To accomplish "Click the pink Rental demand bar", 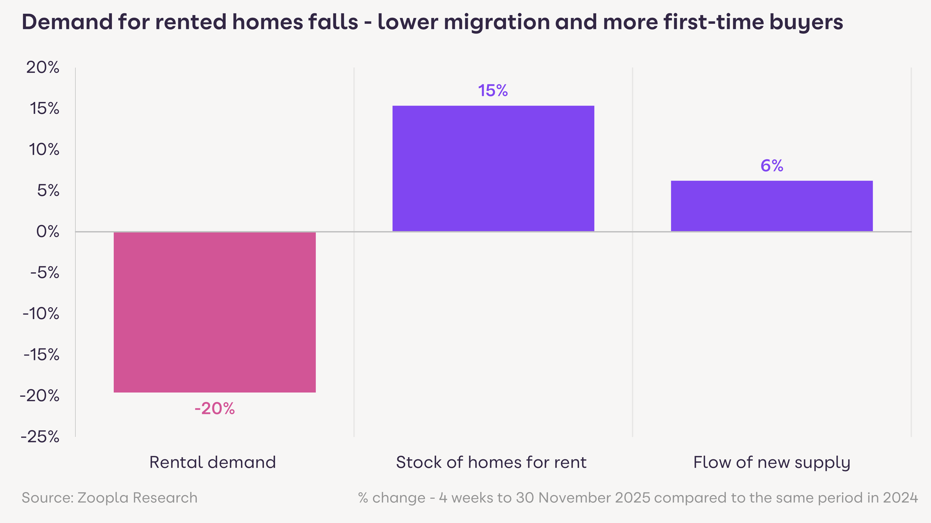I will pos(215,312).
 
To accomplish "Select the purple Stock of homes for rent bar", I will pos(493,169).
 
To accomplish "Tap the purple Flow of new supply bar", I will pos(772,206).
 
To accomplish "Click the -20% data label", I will pos(215,409).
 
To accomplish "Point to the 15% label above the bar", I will pos(493,91).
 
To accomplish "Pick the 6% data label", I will pos(772,166).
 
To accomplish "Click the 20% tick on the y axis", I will pos(43,68).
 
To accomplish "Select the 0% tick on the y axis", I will pos(47,232).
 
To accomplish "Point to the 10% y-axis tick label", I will pos(44,150).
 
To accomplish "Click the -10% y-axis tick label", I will pos(41,314).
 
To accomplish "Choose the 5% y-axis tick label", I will pos(48,190).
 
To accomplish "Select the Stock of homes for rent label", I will pos(491,462).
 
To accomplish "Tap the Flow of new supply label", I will pos(772,462).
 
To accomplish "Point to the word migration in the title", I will pos(496,22).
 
